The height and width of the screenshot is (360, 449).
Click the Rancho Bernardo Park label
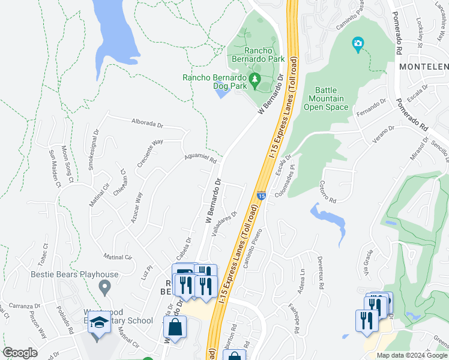(x=252, y=55)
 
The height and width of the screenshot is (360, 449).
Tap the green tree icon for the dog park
(x=255, y=80)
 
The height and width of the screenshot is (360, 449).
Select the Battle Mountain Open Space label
(x=327, y=98)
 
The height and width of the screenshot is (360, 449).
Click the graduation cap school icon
(x=98, y=324)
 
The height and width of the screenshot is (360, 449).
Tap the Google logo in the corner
(x=20, y=353)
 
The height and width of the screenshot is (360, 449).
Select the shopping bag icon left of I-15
(x=174, y=328)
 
